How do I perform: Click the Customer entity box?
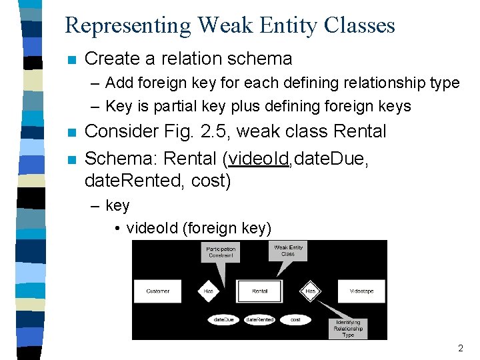pyautogui.click(x=157, y=291)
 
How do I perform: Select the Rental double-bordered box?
pyautogui.click(x=260, y=291)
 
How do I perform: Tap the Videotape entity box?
pyautogui.click(x=361, y=291)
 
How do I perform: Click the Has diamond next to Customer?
pyautogui.click(x=209, y=291)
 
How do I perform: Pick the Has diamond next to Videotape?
pyautogui.click(x=311, y=291)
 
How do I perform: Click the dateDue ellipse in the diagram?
pyautogui.click(x=223, y=320)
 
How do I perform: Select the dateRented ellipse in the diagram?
pyautogui.click(x=260, y=320)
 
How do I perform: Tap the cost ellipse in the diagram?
pyautogui.click(x=295, y=320)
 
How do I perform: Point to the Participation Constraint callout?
pyautogui.click(x=221, y=252)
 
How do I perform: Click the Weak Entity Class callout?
pyautogui.click(x=288, y=251)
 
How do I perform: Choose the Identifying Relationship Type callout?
pyautogui.click(x=348, y=328)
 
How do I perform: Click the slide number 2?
pyautogui.click(x=460, y=348)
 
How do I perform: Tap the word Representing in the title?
pyautogui.click(x=127, y=25)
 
